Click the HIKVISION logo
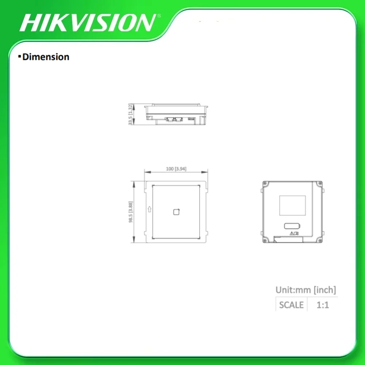(x=88, y=23)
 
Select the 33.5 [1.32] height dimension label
(x=130, y=114)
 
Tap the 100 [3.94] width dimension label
(x=176, y=169)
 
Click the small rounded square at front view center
(x=176, y=211)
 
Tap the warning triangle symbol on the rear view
(x=292, y=233)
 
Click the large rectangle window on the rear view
(x=292, y=205)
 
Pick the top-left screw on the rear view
(x=265, y=183)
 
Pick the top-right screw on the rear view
(x=320, y=183)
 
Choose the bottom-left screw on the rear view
(x=265, y=240)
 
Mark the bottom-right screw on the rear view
(x=320, y=240)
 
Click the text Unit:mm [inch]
(x=306, y=290)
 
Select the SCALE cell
(x=291, y=304)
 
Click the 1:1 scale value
(x=322, y=304)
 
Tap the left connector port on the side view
(x=169, y=119)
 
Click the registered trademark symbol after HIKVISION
(x=158, y=16)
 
